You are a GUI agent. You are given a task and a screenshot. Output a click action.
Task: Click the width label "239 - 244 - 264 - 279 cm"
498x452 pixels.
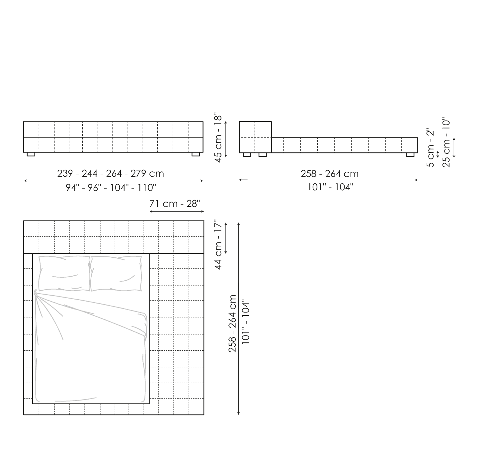(111, 173)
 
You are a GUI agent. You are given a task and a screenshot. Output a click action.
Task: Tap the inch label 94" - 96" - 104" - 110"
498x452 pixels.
(111, 188)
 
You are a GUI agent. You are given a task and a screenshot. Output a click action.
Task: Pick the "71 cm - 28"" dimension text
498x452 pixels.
(175, 203)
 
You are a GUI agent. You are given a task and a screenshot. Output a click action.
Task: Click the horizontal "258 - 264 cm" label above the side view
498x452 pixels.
(330, 173)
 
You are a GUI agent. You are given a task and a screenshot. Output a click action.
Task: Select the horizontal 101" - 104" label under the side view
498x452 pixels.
(330, 187)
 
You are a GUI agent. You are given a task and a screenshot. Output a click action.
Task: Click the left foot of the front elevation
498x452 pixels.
(31, 154)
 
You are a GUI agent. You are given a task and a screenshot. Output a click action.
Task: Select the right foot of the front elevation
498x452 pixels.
(196, 154)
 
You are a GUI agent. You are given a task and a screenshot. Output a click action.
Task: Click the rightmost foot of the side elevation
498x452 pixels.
(410, 155)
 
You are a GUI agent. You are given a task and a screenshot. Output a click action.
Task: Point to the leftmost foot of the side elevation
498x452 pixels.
(247, 155)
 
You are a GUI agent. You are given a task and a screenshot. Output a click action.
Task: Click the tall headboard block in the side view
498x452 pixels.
(255, 137)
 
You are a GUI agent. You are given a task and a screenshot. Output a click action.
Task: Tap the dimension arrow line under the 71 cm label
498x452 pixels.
(177, 211)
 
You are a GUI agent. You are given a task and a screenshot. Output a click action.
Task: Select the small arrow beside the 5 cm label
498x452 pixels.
(438, 154)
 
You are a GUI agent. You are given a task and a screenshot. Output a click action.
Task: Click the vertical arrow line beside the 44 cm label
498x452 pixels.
(226, 238)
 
